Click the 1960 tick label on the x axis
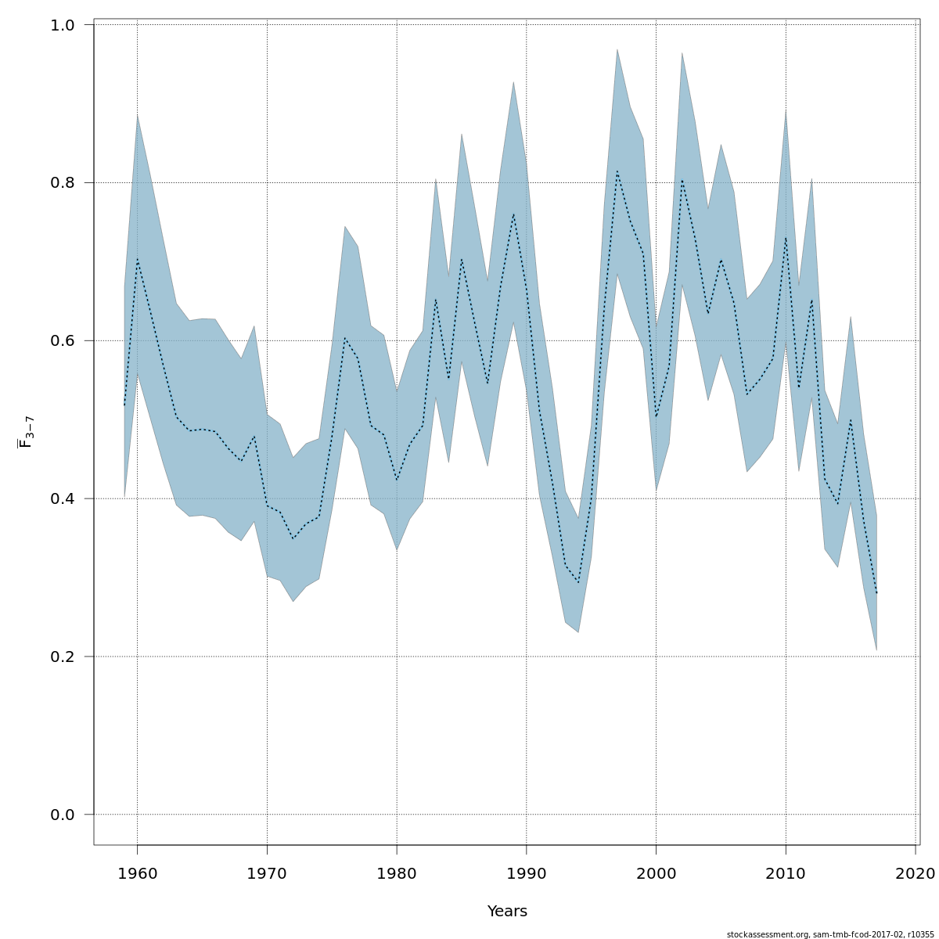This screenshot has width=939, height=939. [137, 872]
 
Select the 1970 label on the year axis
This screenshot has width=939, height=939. [267, 872]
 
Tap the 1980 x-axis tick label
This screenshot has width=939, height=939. [397, 872]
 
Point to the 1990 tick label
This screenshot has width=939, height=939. [526, 872]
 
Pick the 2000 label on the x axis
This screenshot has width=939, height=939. [656, 872]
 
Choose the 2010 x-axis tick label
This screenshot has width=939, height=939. [786, 872]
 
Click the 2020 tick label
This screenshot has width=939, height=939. [916, 872]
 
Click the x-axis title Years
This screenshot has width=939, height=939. [507, 912]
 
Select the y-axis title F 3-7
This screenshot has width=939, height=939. [26, 432]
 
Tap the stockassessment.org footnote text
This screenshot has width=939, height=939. [830, 934]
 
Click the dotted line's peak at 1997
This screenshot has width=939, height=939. [617, 171]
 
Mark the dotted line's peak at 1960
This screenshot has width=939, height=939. [138, 258]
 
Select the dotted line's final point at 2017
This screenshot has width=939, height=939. [876, 593]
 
